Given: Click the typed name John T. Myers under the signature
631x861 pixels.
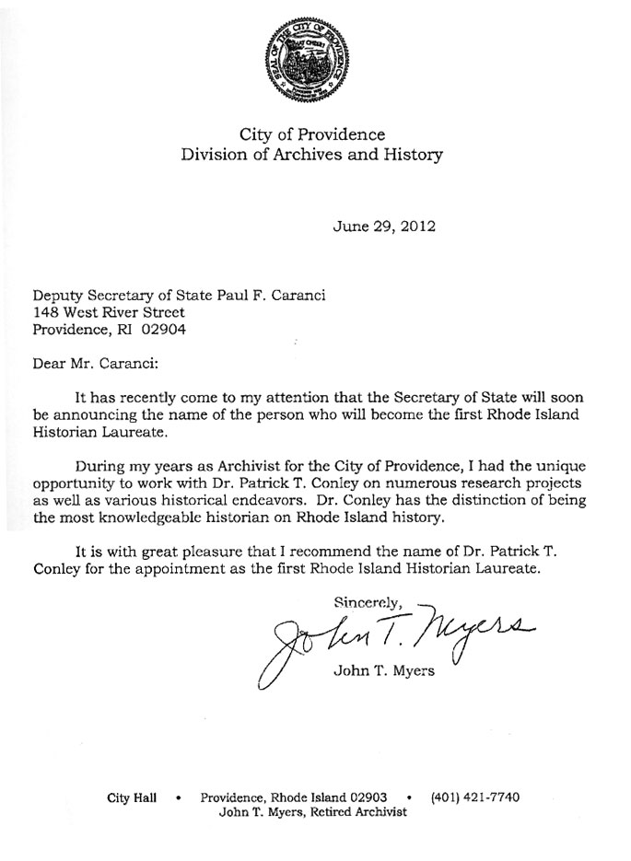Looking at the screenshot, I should pyautogui.click(x=379, y=669).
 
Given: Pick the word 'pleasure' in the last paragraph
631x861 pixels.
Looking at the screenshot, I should pyautogui.click(x=213, y=552).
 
